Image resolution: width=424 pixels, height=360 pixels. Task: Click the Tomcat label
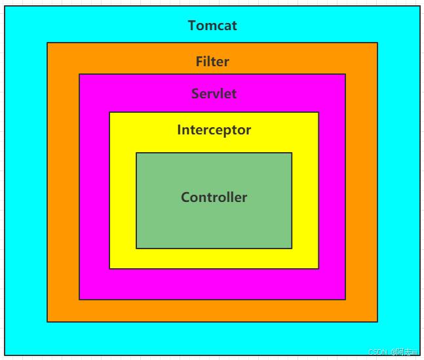(x=212, y=26)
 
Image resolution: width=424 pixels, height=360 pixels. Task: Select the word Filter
(x=212, y=62)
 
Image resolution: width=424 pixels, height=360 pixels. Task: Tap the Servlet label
(x=214, y=94)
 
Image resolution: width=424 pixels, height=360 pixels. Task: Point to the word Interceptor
(x=214, y=130)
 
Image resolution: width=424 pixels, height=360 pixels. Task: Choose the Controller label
(x=214, y=197)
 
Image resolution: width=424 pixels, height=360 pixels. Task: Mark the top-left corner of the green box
(x=136, y=153)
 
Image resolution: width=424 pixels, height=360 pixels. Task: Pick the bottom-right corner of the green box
(x=292, y=249)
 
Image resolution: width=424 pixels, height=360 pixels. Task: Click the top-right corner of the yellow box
(x=318, y=112)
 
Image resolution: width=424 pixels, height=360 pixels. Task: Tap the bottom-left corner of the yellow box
(x=109, y=269)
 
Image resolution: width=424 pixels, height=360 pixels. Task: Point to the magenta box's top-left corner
(x=79, y=74)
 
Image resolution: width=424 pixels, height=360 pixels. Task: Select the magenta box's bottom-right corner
(x=345, y=300)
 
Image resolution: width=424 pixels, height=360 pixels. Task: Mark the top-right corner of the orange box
(x=377, y=43)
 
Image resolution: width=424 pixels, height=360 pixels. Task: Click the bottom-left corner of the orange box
(x=47, y=322)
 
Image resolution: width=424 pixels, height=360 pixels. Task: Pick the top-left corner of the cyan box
(x=5, y=7)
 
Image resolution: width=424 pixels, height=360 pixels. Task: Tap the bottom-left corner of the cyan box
(x=5, y=355)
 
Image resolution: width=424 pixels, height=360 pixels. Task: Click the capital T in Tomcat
(x=192, y=26)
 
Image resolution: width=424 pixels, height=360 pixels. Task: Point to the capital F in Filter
(x=199, y=62)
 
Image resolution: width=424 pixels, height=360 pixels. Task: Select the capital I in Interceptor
(x=179, y=130)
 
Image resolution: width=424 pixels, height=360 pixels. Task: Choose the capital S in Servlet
(x=195, y=94)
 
